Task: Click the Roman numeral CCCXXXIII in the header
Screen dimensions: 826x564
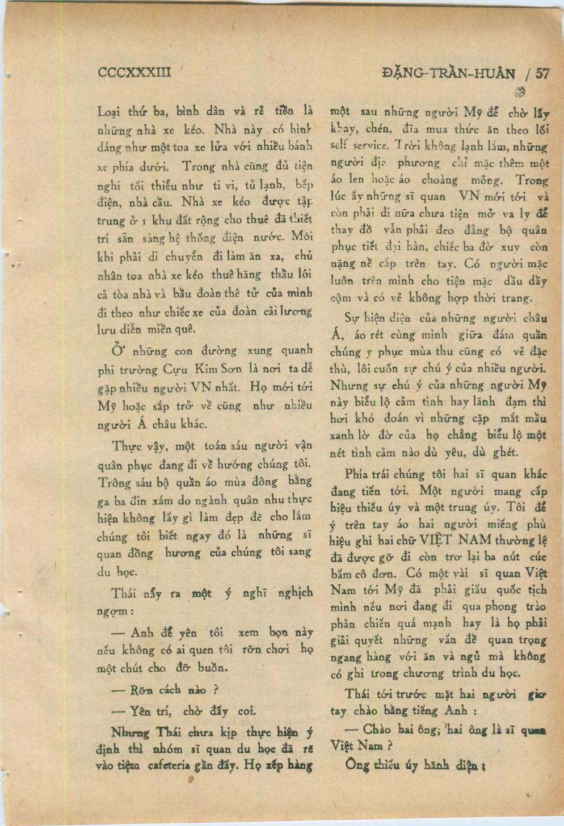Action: (134, 73)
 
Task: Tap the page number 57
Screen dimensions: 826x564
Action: (542, 73)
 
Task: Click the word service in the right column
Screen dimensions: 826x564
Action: (367, 146)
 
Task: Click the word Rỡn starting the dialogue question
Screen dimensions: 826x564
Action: (140, 691)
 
